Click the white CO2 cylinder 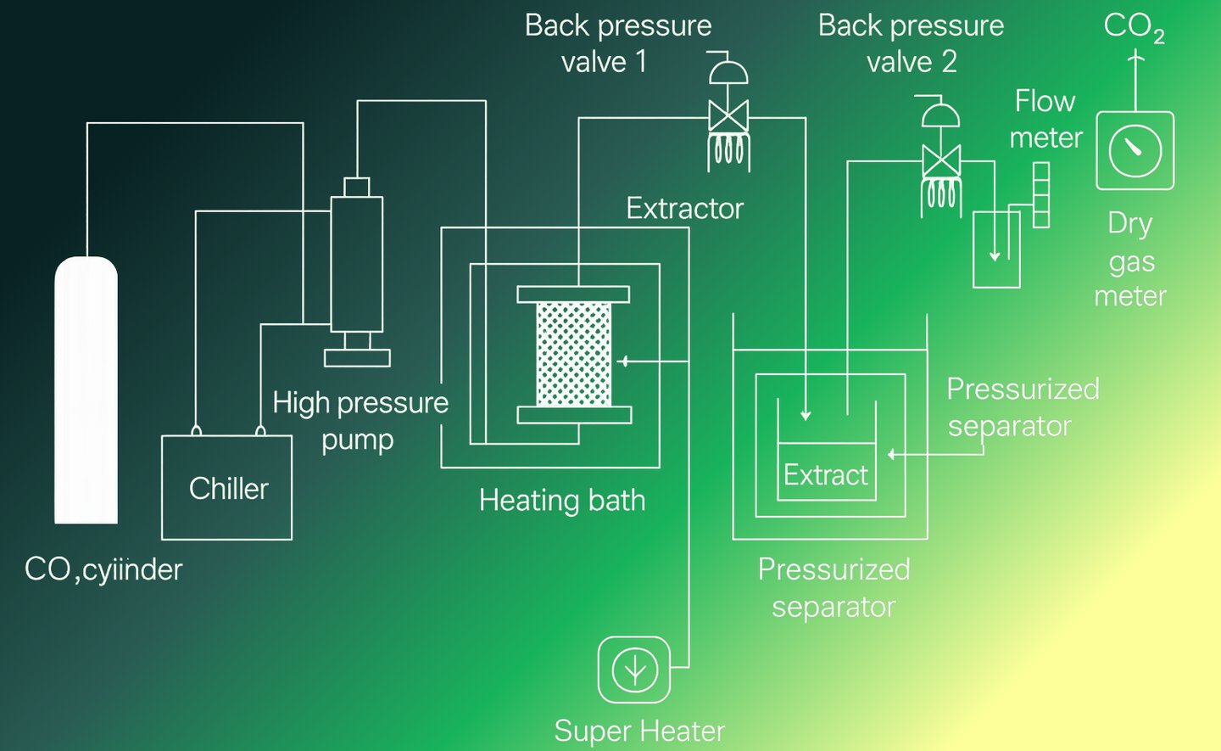[86, 390]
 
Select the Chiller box [227, 487]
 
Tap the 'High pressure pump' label [360, 420]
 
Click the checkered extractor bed [574, 354]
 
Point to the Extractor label [684, 208]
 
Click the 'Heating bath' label [562, 500]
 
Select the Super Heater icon [634, 670]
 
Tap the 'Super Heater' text [639, 731]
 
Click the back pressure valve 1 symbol [728, 115]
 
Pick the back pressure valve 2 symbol [941, 160]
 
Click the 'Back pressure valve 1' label [617, 43]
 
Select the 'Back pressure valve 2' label [911, 43]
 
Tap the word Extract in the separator [825, 474]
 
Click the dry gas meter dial [1135, 150]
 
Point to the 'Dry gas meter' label [1130, 259]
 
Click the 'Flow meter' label [1045, 119]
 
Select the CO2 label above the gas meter [1134, 27]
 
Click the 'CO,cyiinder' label [103, 569]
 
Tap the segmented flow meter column [1041, 195]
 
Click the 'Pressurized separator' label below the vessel [834, 587]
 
